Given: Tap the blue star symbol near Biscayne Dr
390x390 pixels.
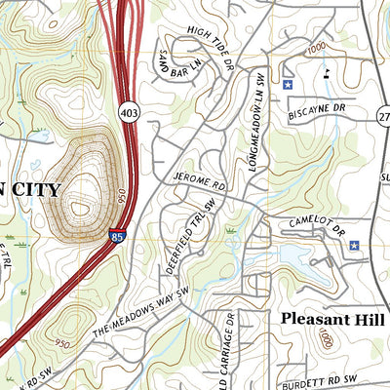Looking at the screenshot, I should pos(288,86).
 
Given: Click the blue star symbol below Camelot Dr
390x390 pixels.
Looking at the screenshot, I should pos(354,246).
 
